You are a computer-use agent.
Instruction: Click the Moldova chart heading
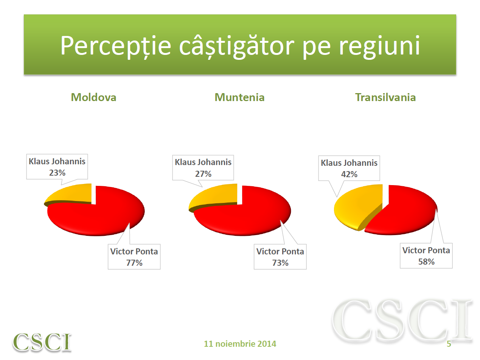click(x=93, y=97)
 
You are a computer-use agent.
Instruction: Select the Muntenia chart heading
click(x=239, y=97)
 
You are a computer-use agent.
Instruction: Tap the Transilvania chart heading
click(x=385, y=97)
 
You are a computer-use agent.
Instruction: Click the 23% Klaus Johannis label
click(x=57, y=167)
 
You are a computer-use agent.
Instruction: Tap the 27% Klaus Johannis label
click(x=203, y=168)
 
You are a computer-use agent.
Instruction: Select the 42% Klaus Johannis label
click(x=349, y=168)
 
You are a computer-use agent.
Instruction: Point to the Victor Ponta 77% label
click(x=134, y=257)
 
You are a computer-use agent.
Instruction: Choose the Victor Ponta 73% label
click(x=280, y=257)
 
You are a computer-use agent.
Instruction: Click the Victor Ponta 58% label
click(x=426, y=256)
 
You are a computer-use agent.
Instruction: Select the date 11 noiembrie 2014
click(x=240, y=344)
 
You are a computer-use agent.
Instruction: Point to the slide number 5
click(x=449, y=344)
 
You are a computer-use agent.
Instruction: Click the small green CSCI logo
click(x=42, y=341)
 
